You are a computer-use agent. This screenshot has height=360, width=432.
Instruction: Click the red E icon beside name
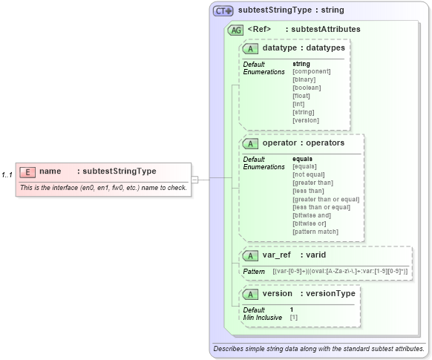pos(27,171)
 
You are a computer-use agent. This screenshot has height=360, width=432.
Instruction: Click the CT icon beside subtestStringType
pos(223,11)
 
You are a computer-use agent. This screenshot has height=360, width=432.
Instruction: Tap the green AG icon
pos(236,30)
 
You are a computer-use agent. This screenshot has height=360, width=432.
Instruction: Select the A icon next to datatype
pos(251,48)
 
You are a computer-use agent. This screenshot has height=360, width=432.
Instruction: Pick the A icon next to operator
pos(251,143)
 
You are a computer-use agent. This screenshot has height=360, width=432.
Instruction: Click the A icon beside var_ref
pos(251,255)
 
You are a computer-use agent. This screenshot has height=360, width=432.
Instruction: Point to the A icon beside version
pos(251,293)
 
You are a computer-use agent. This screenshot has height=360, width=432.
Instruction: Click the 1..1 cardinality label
pos(7,174)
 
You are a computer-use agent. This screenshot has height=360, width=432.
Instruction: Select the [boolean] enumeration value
pos(307,88)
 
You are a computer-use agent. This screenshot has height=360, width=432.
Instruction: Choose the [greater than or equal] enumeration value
pos(326,199)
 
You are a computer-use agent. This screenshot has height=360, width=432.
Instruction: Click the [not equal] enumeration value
pos(310,174)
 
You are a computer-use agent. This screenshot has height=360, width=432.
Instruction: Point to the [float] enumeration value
pos(301,96)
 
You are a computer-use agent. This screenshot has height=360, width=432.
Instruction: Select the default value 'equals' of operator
pos(302,159)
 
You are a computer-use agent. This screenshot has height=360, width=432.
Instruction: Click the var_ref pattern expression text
pos(340,272)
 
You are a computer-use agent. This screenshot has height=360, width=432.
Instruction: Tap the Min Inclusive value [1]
pos(294,318)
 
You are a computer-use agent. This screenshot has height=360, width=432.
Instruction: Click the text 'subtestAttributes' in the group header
pos(326,30)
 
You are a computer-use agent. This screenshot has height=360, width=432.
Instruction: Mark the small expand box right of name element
pos(195,179)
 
